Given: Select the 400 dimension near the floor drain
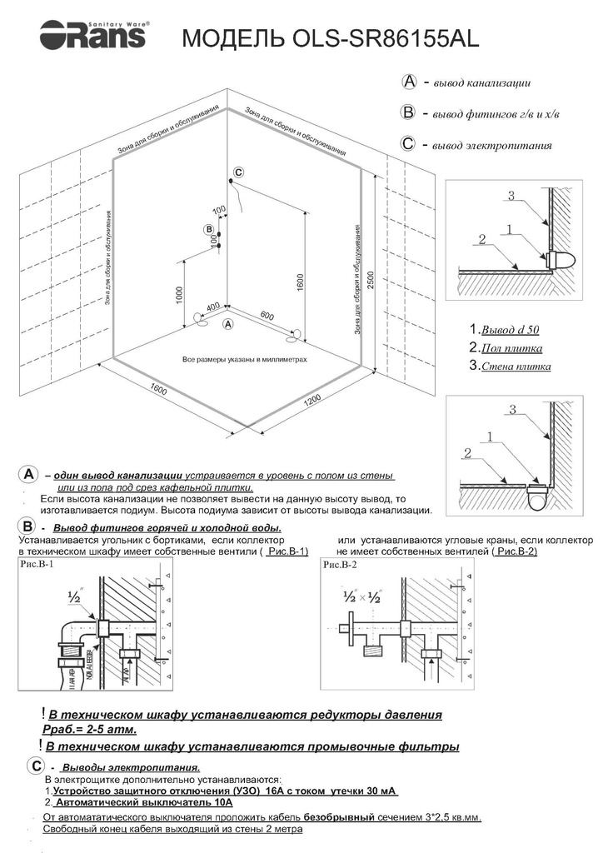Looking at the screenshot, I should click(x=212, y=307).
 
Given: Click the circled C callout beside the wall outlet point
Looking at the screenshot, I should click(x=238, y=172).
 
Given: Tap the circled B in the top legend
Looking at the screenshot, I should click(x=408, y=112).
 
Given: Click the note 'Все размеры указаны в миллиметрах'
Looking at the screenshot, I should click(x=245, y=360).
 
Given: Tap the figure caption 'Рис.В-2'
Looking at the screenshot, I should click(x=339, y=564).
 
